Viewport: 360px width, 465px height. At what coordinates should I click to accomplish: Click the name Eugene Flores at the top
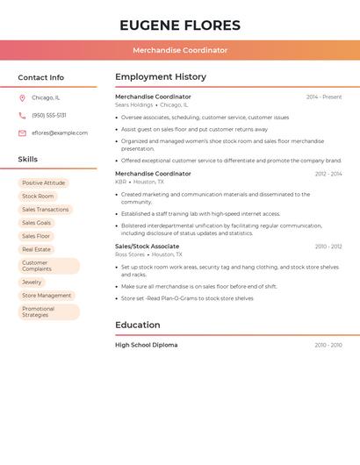[x=180, y=25]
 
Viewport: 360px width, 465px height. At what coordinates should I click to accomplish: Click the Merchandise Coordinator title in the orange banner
[x=180, y=50]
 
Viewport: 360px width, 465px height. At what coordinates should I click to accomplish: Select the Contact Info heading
[x=41, y=77]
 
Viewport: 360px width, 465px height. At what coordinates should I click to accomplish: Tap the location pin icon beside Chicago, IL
[x=22, y=98]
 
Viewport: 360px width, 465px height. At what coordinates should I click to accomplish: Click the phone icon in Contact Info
[x=22, y=116]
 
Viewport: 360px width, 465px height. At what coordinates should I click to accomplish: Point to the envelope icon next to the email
[x=22, y=133]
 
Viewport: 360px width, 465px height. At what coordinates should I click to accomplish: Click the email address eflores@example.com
[x=60, y=133]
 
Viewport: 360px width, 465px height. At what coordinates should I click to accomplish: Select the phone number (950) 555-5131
[x=49, y=116]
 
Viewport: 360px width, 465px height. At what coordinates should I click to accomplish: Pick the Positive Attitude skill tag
[x=44, y=183]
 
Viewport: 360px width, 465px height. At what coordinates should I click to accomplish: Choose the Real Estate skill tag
[x=36, y=249]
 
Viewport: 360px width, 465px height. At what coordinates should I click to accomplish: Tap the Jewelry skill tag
[x=32, y=283]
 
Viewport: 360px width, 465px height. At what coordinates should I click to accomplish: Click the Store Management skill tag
[x=47, y=296]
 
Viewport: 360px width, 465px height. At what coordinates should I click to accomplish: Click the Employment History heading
[x=161, y=77]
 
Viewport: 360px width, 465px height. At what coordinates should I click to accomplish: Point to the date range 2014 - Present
[x=324, y=97]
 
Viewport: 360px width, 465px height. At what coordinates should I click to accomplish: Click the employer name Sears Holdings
[x=134, y=104]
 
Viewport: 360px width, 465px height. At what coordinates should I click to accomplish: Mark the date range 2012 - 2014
[x=328, y=174]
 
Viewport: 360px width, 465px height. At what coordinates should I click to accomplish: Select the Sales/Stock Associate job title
[x=147, y=247]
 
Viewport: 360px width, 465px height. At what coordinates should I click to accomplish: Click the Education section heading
[x=138, y=325]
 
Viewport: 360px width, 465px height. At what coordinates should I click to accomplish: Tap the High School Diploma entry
[x=146, y=345]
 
